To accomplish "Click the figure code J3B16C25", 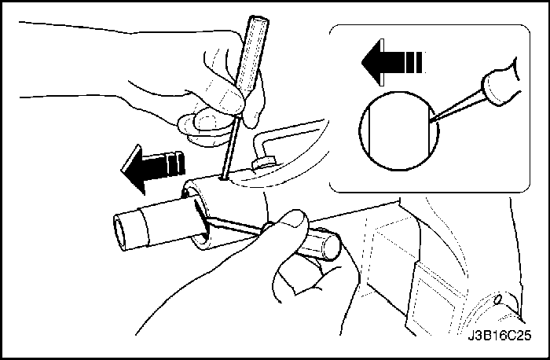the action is click(500, 336).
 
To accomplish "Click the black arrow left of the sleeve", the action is click(152, 168).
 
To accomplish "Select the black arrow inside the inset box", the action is click(392, 62).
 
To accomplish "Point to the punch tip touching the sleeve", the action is click(222, 178).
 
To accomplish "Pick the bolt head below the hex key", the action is click(263, 163).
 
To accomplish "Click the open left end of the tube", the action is click(120, 233).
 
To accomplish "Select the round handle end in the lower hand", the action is click(331, 245).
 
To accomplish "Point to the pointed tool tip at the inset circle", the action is click(431, 121).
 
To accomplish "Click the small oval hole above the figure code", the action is click(497, 299).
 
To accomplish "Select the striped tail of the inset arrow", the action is click(415, 62).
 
